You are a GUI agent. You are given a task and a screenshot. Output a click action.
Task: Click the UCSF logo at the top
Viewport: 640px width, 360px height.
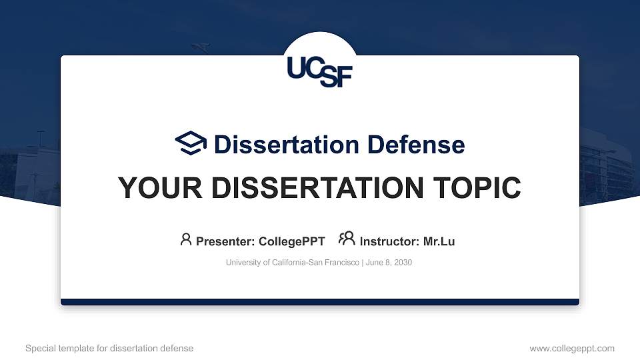pos(319,71)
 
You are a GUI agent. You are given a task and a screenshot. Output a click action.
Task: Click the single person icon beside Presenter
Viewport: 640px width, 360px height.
pos(186,239)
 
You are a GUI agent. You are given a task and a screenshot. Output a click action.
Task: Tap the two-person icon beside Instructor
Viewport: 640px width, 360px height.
pos(347,239)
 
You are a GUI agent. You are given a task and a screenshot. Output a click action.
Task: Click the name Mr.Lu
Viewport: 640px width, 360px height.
pos(439,241)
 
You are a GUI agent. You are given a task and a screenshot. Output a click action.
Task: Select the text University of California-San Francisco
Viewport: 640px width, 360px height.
pos(293,263)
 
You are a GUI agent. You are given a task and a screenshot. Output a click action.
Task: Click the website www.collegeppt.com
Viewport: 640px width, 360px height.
pos(571,348)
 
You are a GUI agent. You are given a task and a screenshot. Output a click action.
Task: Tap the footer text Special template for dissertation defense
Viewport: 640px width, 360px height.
pos(109,348)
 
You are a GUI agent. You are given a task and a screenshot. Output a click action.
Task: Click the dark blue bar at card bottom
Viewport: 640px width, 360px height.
pos(320,302)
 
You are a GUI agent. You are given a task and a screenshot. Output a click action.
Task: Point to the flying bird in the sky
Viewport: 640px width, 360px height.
pos(200,47)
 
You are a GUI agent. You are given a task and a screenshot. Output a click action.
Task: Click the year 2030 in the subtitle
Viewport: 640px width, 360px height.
pos(403,263)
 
